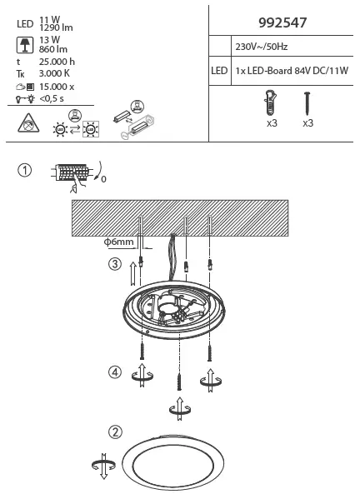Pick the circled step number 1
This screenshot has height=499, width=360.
point(26,170)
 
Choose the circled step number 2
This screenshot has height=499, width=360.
point(115,432)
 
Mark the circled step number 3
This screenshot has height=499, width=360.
point(115,265)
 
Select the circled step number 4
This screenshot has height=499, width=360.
point(114,372)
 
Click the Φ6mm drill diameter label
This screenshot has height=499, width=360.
point(120,242)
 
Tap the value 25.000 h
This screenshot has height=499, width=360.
point(57,62)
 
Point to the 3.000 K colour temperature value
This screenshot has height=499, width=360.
point(56,74)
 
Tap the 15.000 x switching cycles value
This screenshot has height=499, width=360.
point(57,87)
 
